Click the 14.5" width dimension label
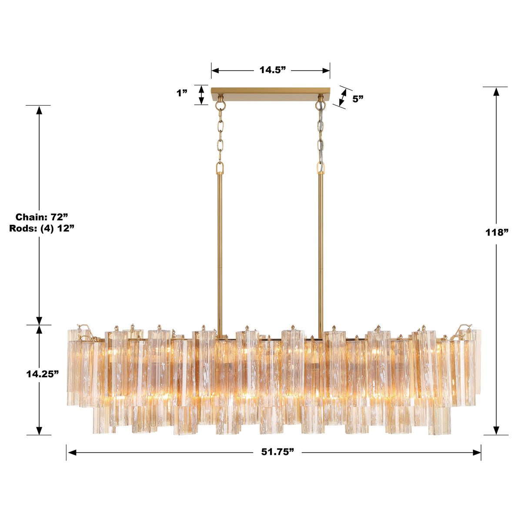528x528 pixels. pyautogui.click(x=272, y=70)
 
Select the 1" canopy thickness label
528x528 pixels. pyautogui.click(x=182, y=93)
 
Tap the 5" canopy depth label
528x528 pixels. pyautogui.click(x=358, y=99)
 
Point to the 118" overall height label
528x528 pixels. pyautogui.click(x=497, y=232)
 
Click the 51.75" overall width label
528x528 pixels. pyautogui.click(x=277, y=452)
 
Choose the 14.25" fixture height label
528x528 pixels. pyautogui.click(x=42, y=374)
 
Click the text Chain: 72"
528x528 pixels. pyautogui.click(x=42, y=217)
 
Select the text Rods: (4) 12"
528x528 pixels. pyautogui.click(x=42, y=228)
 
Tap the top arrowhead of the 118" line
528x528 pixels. pyautogui.click(x=496, y=91)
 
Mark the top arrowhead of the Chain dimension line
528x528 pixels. pyautogui.click(x=39, y=110)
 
